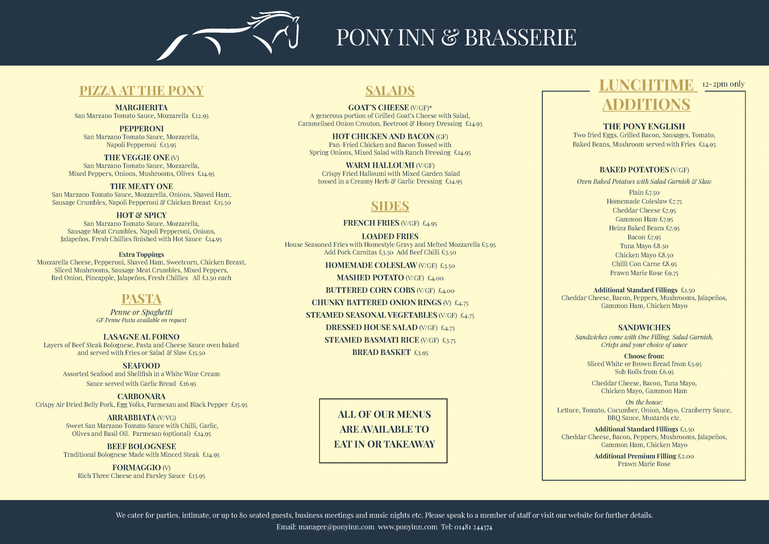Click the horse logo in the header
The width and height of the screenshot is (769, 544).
tap(228, 35)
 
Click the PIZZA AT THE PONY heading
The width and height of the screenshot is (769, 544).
tap(141, 90)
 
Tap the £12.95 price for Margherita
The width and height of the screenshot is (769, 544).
tap(200, 116)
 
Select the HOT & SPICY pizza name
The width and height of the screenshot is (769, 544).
tap(141, 215)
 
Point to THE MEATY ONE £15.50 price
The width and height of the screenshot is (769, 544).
tap(222, 203)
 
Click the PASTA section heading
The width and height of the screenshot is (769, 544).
tap(141, 299)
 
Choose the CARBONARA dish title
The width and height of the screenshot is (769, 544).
tap(141, 396)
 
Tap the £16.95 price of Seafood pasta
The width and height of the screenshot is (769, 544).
tap(188, 384)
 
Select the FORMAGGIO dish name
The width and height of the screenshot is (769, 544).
tap(137, 468)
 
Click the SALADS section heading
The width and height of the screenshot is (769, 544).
tap(390, 90)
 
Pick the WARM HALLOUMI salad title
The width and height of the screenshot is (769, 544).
tap(380, 165)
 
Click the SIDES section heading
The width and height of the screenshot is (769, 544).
tap(390, 206)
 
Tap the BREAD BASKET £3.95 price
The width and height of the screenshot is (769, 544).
tap(421, 353)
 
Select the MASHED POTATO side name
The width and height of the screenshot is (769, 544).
tap(370, 277)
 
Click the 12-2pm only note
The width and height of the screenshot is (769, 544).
tap(723, 84)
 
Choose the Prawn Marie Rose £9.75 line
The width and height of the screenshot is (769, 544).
tap(644, 273)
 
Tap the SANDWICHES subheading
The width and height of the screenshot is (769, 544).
tap(644, 328)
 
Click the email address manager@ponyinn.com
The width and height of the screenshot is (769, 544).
tap(336, 527)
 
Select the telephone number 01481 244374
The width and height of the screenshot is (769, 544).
tap(473, 527)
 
